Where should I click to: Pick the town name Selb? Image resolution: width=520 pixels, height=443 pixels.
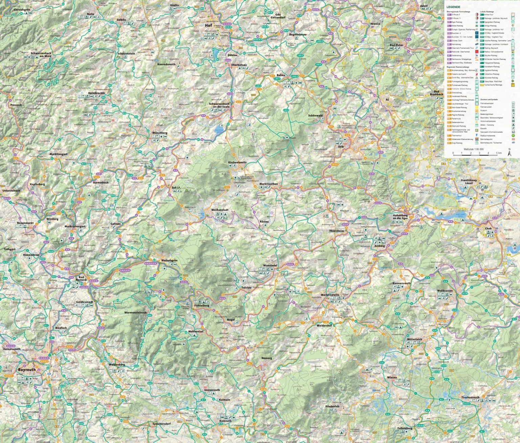click(341, 147)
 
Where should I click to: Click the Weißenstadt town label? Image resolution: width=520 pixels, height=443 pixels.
click(220, 210)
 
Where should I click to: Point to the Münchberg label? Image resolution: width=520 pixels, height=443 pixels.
click(160, 133)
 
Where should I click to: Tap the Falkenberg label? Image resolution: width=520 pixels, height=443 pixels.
click(405, 428)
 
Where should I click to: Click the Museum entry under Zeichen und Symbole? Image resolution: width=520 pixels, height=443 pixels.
click(483, 110)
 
